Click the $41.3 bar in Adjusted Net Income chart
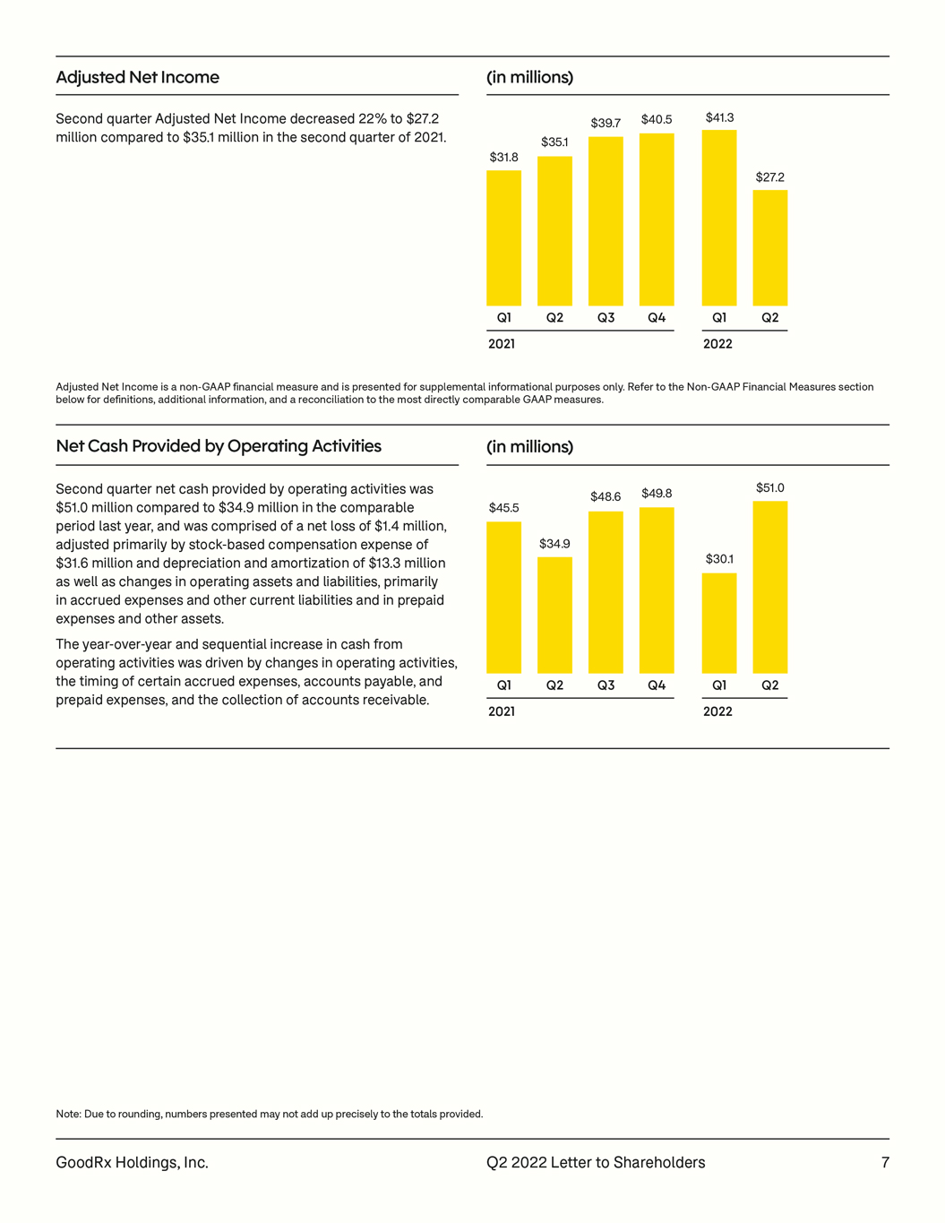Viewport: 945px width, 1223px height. pyautogui.click(x=719, y=218)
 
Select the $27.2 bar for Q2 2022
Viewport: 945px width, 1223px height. pyautogui.click(x=770, y=247)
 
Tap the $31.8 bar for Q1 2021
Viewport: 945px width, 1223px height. pyautogui.click(x=504, y=238)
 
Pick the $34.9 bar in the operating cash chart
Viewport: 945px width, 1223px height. pyautogui.click(x=554, y=616)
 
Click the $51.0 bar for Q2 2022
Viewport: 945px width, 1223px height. pyautogui.click(x=770, y=587)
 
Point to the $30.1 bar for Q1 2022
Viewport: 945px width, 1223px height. pyautogui.click(x=719, y=623)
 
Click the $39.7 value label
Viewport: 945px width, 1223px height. pyautogui.click(x=606, y=123)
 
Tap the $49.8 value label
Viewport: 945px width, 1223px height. pyautogui.click(x=657, y=494)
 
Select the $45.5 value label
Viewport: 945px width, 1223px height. pyautogui.click(x=504, y=508)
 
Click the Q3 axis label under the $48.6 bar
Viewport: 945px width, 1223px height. pyautogui.click(x=606, y=685)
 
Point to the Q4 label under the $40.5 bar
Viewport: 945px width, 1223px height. pyautogui.click(x=657, y=317)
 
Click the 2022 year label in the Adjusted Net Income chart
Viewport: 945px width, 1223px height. pyautogui.click(x=717, y=344)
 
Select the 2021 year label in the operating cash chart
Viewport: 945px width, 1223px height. pyautogui.click(x=502, y=711)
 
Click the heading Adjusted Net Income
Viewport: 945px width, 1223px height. pyautogui.click(x=137, y=77)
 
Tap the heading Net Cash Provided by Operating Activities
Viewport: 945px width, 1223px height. pyautogui.click(x=219, y=446)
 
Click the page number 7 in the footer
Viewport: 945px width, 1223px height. pyautogui.click(x=885, y=1162)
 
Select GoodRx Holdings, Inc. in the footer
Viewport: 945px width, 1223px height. pyautogui.click(x=133, y=1163)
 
